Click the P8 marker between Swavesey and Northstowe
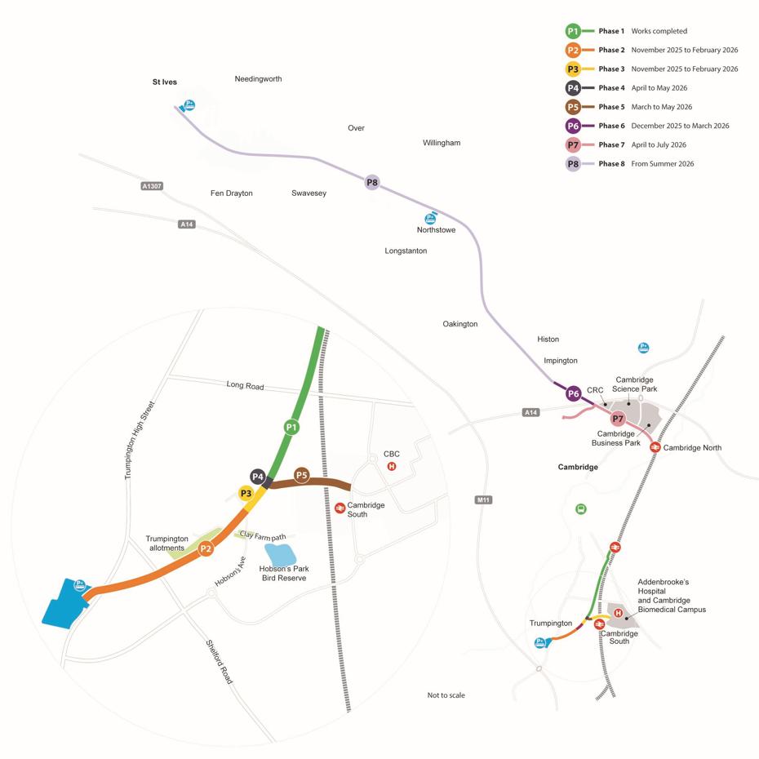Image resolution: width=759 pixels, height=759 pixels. point(372,182)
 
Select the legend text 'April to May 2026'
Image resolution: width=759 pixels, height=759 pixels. point(659,88)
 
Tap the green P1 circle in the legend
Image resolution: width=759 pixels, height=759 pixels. point(573,31)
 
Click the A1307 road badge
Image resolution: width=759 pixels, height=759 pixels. point(152,186)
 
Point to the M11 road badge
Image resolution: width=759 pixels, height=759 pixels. point(483,499)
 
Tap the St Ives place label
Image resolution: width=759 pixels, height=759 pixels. point(164,82)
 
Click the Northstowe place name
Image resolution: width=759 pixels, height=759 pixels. point(436,230)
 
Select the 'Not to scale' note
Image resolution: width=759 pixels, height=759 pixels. point(446,695)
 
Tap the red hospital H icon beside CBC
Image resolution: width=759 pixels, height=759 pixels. point(392,466)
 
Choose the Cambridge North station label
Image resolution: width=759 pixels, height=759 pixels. point(692,447)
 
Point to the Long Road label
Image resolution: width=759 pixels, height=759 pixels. point(245,385)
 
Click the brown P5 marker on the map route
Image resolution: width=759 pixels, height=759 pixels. point(302,475)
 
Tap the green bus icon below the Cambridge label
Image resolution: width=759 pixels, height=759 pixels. point(580,509)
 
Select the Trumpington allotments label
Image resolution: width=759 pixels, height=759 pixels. point(167,544)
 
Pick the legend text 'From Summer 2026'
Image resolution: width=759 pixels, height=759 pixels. point(662,164)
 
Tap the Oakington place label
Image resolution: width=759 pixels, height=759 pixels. point(460,324)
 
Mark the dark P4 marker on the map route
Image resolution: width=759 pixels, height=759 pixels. point(258,477)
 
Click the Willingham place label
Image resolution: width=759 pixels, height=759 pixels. point(442,143)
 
